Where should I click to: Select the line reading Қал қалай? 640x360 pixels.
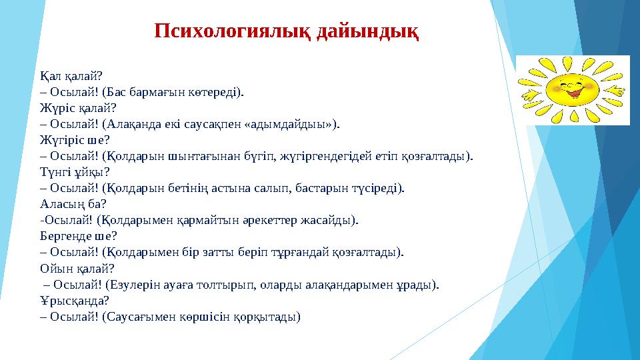point(71,76)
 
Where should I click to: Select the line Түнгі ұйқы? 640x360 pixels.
point(75,172)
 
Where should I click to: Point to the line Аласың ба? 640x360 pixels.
point(73,204)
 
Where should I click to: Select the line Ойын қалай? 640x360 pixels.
point(77,269)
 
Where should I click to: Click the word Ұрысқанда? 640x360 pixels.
point(75,301)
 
